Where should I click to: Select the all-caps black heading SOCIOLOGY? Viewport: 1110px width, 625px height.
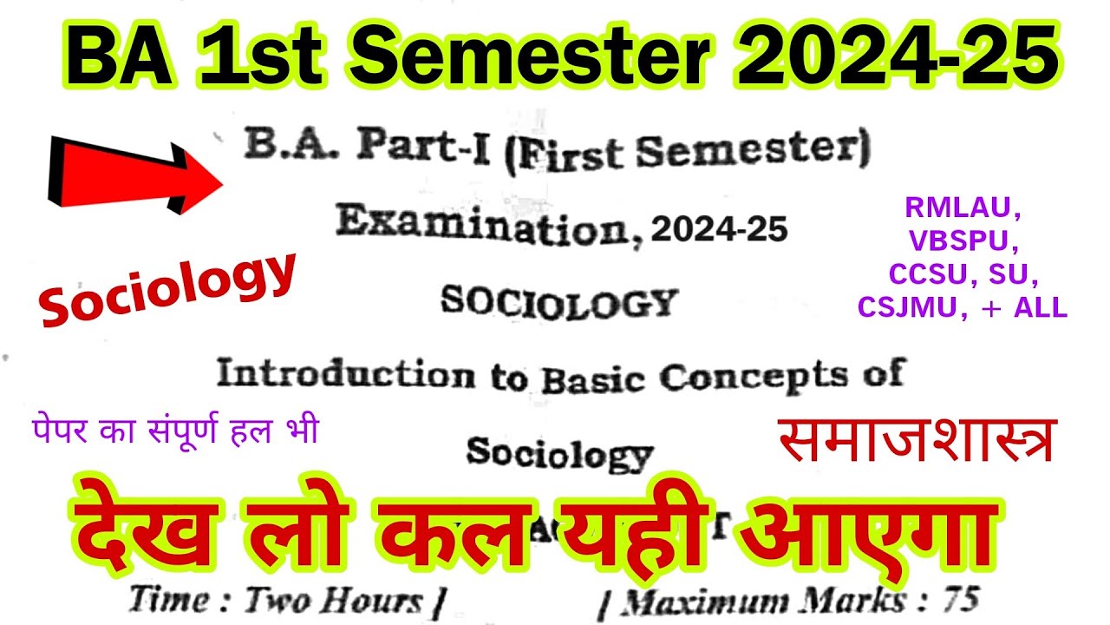coord(558,302)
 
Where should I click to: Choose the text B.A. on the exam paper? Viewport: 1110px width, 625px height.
coord(291,145)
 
